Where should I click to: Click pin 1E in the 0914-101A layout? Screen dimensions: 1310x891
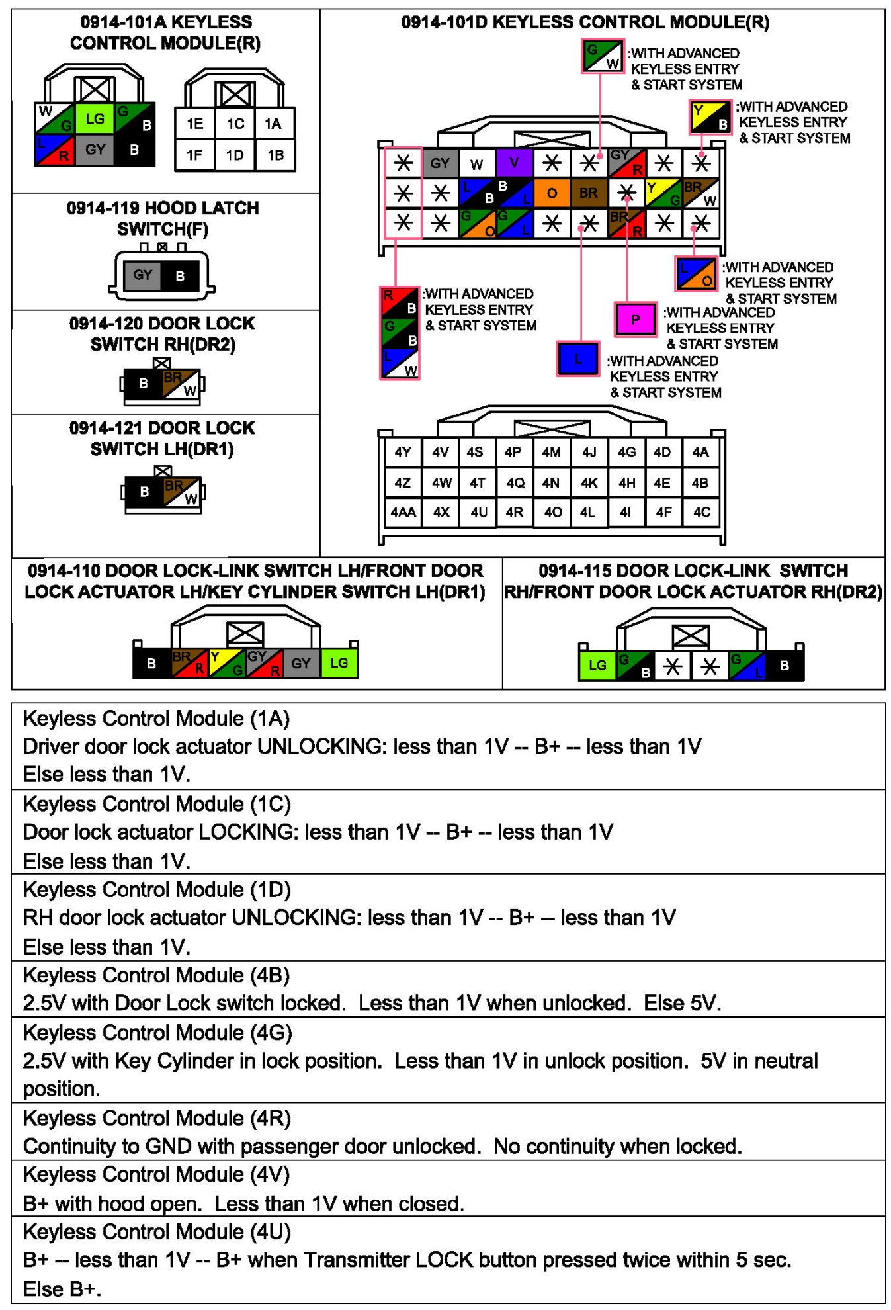coord(194,124)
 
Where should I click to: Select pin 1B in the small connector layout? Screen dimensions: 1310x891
coord(275,155)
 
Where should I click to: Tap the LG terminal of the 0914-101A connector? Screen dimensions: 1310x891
coord(95,119)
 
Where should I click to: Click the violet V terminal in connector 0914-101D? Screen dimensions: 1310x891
coord(514,163)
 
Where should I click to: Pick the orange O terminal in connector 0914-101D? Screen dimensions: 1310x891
coord(552,193)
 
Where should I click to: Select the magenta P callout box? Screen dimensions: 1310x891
coord(635,320)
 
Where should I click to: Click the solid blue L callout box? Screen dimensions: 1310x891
coord(577,359)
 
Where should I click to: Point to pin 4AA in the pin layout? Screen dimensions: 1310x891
coord(403,512)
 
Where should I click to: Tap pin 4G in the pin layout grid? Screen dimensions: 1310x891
coord(626,452)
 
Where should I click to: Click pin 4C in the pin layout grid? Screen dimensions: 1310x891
coord(701,512)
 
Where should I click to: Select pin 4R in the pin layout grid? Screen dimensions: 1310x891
coord(514,512)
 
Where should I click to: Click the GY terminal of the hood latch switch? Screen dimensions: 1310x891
coord(142,275)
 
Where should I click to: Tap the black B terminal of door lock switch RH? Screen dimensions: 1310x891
coord(144,384)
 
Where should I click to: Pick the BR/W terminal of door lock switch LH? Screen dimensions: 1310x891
coord(182,492)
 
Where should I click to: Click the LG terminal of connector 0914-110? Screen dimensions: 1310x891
coord(339,663)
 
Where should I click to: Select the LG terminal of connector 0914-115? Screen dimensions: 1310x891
coord(597,665)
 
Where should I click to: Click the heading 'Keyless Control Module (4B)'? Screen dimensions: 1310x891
coord(157,975)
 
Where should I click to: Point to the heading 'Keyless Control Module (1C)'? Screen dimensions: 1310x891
coord(157,804)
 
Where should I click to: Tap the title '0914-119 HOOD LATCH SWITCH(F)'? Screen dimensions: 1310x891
coord(163,218)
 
